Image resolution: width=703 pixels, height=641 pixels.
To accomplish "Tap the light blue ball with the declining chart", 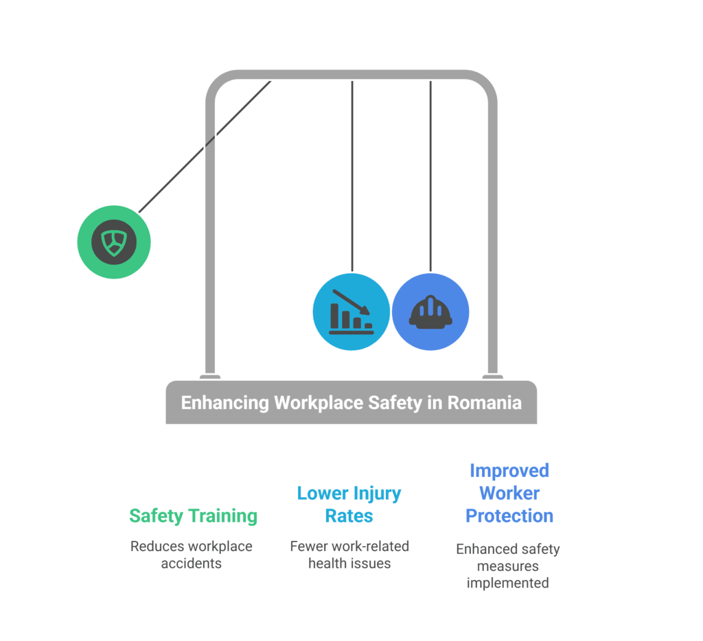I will pyautogui.click(x=351, y=313).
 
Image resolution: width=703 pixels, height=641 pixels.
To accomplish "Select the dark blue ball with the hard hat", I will pyautogui.click(x=430, y=313).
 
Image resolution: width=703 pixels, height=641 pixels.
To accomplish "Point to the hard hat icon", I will pyautogui.click(x=430, y=312).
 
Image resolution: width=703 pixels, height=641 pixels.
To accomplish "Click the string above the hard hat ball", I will pyautogui.click(x=430, y=175).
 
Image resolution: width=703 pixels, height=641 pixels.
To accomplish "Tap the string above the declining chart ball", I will pyautogui.click(x=352, y=175).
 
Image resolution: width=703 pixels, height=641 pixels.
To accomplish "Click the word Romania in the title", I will pyautogui.click(x=484, y=402).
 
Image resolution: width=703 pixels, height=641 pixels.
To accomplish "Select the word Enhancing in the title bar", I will pyautogui.click(x=225, y=402).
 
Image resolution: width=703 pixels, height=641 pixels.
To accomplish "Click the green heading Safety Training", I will pyautogui.click(x=193, y=515).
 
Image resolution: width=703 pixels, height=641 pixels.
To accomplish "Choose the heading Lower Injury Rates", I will pyautogui.click(x=349, y=504).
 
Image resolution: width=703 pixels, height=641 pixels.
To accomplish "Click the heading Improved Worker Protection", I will pyautogui.click(x=509, y=493).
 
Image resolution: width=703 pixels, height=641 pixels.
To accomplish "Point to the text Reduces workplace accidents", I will pyautogui.click(x=192, y=555).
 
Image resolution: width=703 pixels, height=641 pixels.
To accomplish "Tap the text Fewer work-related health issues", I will pyautogui.click(x=349, y=555).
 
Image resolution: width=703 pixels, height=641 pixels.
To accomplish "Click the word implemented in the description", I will pyautogui.click(x=507, y=583).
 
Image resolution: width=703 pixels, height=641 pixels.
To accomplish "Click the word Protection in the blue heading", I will pyautogui.click(x=509, y=515).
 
